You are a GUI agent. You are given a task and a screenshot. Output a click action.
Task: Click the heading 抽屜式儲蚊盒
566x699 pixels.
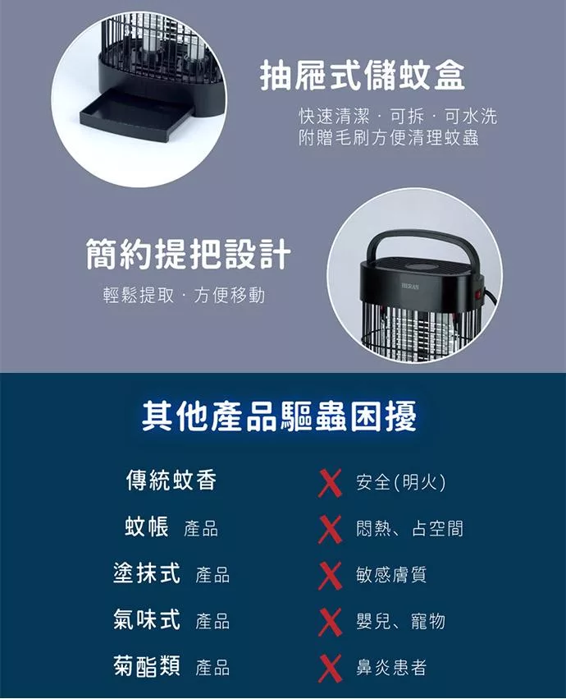coord(363,76)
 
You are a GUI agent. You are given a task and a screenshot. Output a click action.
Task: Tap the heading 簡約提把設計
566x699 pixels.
coord(189,254)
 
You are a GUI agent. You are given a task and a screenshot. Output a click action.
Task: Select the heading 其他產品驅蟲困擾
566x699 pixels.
coord(280,416)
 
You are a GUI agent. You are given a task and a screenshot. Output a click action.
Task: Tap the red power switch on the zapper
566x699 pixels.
coord(479,295)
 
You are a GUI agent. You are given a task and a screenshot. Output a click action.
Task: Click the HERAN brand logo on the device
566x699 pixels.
coord(409,286)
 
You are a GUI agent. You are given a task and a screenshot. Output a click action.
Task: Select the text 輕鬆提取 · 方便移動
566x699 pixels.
coord(184,295)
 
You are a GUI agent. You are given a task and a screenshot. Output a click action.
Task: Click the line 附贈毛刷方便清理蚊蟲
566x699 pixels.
coord(389,138)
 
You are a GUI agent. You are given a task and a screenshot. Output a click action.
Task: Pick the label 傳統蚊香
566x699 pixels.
coord(171,481)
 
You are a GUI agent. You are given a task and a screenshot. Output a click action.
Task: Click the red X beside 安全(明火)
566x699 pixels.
coord(330,483)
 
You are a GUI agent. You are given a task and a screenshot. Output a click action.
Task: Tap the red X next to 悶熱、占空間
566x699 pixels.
coord(330,529)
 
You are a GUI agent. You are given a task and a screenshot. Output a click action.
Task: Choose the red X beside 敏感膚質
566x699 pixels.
coord(330,576)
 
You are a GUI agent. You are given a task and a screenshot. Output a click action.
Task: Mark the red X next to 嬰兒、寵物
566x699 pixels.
coord(330,622)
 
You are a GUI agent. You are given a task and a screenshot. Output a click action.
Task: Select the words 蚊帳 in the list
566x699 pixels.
coord(147,527)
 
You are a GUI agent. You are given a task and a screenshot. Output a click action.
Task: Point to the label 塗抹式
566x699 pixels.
coord(147,573)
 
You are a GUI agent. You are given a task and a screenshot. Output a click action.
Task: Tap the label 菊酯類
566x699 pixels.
coord(147,666)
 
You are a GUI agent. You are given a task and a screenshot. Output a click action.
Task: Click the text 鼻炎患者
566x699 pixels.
coord(391,667)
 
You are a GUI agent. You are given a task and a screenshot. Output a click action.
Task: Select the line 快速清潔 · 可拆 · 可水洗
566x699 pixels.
coord(398,117)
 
